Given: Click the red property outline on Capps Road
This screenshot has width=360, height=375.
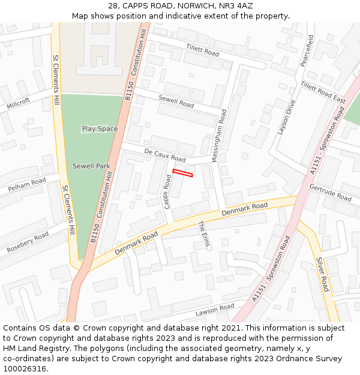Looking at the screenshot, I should click(183, 173).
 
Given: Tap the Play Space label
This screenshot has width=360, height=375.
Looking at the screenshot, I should click(100, 129).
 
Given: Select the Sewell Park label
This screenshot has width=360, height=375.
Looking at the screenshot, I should click(91, 166).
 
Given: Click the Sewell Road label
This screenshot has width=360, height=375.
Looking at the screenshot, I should click(176, 101).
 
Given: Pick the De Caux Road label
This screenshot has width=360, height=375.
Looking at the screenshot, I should click(165, 155).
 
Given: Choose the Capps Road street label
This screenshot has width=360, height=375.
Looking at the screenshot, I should click(167, 191).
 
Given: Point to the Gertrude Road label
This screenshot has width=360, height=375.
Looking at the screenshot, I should click(330, 193).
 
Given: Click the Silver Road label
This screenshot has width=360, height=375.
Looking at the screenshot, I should click(323, 275).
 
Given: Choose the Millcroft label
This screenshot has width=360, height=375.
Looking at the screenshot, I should click(18, 104).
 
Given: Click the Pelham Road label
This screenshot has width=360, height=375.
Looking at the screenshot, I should click(27, 185).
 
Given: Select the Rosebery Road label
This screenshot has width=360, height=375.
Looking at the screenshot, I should click(28, 242).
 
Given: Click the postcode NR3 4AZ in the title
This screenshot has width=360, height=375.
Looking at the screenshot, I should click(236, 6).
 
